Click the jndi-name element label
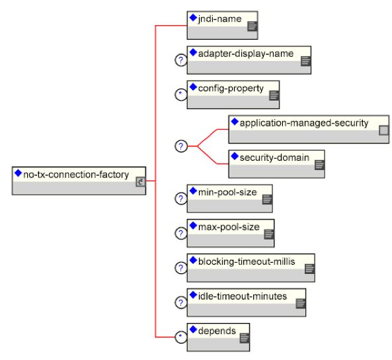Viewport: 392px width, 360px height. tap(219, 19)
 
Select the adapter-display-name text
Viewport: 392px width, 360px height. tap(246, 54)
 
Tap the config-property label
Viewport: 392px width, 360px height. tap(231, 89)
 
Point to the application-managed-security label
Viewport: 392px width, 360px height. tap(303, 123)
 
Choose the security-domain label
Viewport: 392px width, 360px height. tap(274, 157)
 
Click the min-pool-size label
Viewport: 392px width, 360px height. tap(227, 193)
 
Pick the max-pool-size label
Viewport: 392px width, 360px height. tap(229, 227)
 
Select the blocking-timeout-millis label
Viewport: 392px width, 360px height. tap(247, 261)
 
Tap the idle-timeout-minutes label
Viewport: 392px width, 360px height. tap(242, 296)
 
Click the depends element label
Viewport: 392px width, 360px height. tap(217, 331)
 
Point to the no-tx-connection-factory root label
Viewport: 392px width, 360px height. tap(76, 175)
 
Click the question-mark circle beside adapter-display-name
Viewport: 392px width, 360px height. tap(181, 60)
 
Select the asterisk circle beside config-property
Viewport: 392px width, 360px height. tap(181, 95)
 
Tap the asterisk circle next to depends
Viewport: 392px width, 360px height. tap(181, 337)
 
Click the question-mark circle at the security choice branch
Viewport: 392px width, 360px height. tap(181, 146)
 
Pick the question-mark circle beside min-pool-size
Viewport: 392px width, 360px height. tap(181, 199)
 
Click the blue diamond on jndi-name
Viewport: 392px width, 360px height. tap(193, 17)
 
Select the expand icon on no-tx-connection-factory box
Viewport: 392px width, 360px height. tap(141, 182)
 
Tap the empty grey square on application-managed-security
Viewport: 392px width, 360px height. tap(384, 130)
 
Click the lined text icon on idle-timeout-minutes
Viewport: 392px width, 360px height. tap(301, 304)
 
